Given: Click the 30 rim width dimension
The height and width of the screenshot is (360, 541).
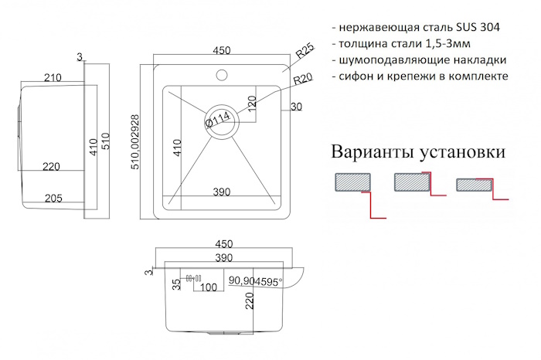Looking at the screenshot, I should pyautogui.click(x=296, y=107).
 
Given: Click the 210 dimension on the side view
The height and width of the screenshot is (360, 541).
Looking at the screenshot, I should pyautogui.click(x=53, y=77).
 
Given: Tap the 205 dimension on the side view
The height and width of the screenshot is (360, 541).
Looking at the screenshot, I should pyautogui.click(x=53, y=199).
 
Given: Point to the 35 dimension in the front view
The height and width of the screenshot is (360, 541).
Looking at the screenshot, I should pyautogui.click(x=177, y=284).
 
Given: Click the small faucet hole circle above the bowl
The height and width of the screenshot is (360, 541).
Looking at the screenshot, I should pyautogui.click(x=221, y=76).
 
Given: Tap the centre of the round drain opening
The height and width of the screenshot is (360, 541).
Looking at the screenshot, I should pyautogui.click(x=221, y=120).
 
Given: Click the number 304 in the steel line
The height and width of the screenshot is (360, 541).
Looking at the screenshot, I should pyautogui.click(x=487, y=26).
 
